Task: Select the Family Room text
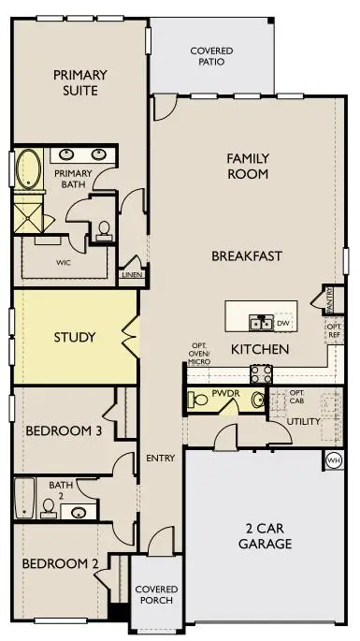(x=248, y=167)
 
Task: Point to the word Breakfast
(x=247, y=255)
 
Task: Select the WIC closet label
(x=65, y=263)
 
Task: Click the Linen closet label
(x=130, y=274)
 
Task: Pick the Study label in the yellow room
(x=75, y=337)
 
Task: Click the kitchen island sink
(x=261, y=324)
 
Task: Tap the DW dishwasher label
(x=282, y=324)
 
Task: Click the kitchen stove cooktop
(x=261, y=372)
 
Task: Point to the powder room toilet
(x=198, y=401)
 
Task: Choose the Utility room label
(x=305, y=421)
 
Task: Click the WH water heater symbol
(x=334, y=459)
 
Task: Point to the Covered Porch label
(x=156, y=595)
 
